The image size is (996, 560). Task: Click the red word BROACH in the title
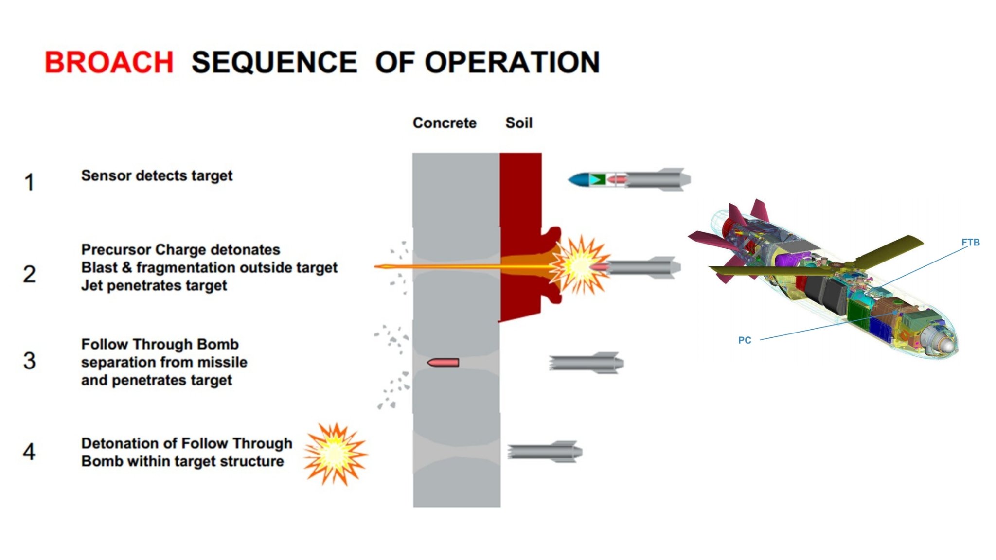click(109, 62)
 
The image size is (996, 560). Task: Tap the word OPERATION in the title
click(512, 62)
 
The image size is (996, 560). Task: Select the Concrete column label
click(445, 123)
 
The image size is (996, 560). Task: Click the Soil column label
click(519, 123)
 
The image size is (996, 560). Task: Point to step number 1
click(30, 182)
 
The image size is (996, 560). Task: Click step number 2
click(29, 274)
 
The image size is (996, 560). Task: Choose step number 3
click(29, 361)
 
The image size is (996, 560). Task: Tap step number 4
click(29, 452)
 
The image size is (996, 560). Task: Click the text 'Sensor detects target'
click(157, 175)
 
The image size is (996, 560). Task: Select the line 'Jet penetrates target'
click(154, 285)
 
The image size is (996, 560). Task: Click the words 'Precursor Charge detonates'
click(180, 250)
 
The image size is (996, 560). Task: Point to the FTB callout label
click(970, 242)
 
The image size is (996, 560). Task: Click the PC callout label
click(745, 340)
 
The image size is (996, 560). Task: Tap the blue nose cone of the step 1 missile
click(579, 180)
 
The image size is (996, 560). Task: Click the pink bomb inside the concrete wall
click(443, 363)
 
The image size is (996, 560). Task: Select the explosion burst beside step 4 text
click(336, 454)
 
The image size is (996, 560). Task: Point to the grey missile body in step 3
click(586, 363)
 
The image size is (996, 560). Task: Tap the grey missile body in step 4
click(545, 452)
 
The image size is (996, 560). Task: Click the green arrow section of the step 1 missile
click(597, 180)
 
